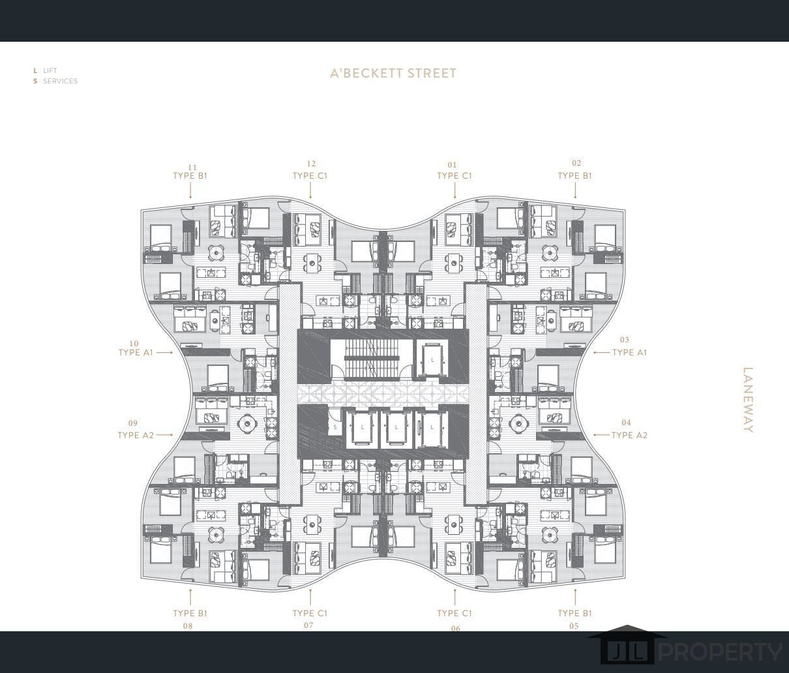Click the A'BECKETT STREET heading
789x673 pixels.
(393, 73)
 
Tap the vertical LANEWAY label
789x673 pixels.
(748, 400)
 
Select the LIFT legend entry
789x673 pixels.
(50, 70)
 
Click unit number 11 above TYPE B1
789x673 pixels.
(192, 167)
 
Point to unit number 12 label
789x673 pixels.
(311, 164)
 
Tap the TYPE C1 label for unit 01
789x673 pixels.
(454, 175)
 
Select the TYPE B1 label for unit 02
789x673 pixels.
(575, 175)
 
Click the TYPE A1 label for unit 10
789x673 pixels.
(136, 352)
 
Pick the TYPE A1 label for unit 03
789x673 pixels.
(629, 352)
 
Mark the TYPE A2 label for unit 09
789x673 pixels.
(136, 435)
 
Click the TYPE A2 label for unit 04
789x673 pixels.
(629, 435)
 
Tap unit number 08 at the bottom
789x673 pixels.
(188, 626)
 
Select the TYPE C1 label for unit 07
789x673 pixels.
(310, 613)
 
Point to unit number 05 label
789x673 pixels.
(574, 626)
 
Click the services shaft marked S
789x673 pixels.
(335, 427)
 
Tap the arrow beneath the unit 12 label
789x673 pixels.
(310, 190)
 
